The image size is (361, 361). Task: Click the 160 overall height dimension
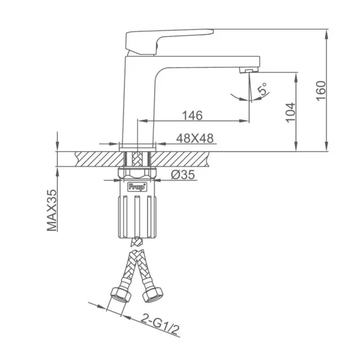(321, 90)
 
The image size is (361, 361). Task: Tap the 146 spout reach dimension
(193, 116)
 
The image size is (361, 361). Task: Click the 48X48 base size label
(195, 138)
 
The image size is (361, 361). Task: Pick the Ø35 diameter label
(183, 175)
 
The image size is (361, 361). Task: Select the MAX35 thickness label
(52, 210)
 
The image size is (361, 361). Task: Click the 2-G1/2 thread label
(160, 325)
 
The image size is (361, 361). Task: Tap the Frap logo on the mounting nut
(137, 187)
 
